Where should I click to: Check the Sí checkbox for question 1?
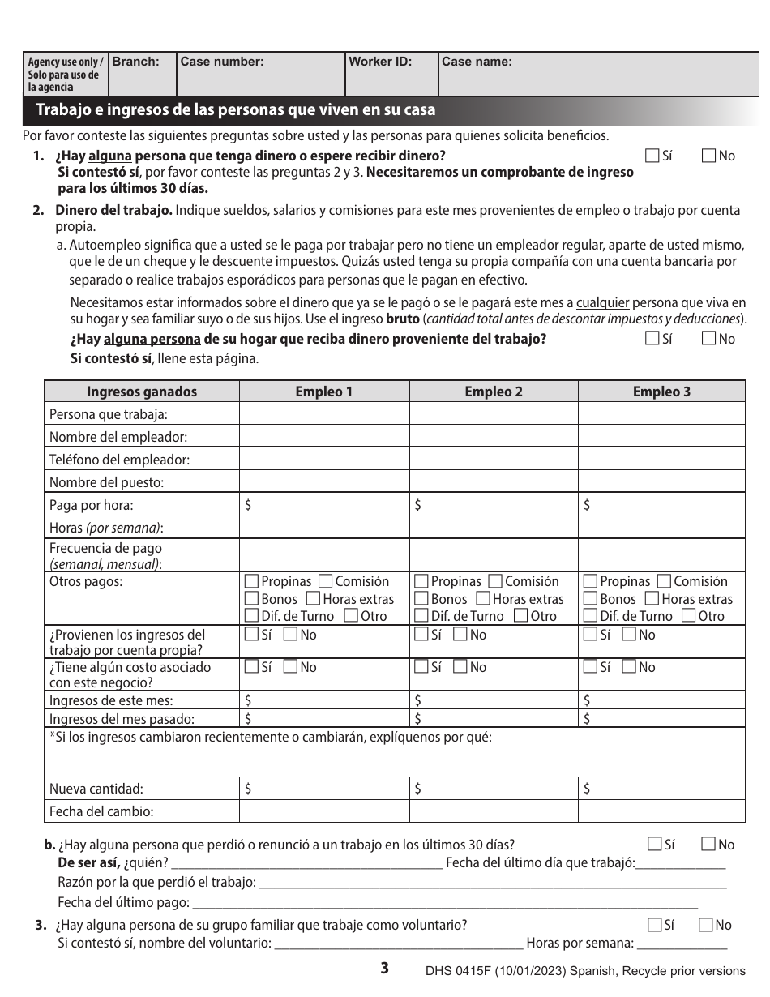tap(652, 156)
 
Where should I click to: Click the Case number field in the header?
tap(261, 75)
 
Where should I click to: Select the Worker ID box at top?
tap(391, 75)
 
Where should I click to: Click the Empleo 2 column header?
tap(494, 392)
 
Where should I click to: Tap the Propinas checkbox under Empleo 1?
tap(251, 581)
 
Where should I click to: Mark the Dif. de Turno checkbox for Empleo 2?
tap(421, 616)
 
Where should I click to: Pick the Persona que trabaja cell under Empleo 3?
tap(661, 414)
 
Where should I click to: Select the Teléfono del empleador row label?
tap(119, 460)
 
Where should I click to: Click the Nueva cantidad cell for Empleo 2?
tap(494, 789)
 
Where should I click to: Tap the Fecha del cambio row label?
tap(101, 811)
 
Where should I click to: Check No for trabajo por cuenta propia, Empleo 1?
tap(290, 635)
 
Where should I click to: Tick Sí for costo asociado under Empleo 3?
tap(590, 667)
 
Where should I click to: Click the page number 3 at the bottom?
tap(385, 968)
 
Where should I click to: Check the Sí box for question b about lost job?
tap(654, 845)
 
